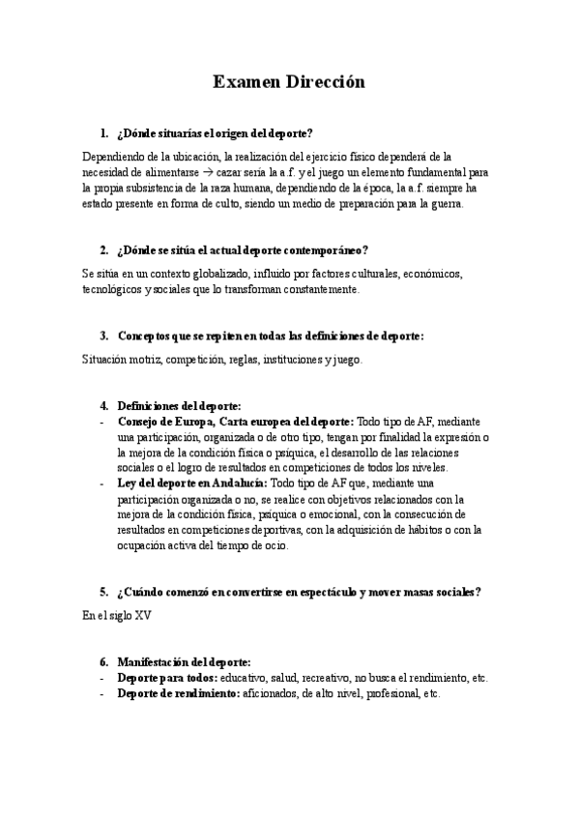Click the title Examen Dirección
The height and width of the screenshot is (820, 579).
click(x=289, y=83)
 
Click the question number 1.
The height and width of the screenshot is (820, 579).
click(x=103, y=132)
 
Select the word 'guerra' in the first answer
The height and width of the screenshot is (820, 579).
click(x=444, y=204)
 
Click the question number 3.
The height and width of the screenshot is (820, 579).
click(x=103, y=336)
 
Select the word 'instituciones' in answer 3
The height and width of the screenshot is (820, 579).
click(x=295, y=359)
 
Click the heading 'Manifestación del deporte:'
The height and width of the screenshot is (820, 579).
click(x=184, y=662)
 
